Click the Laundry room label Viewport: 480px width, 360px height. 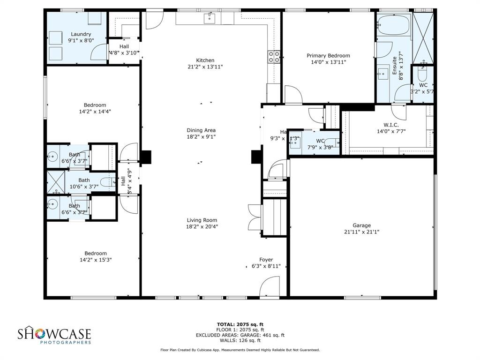click(x=81, y=34)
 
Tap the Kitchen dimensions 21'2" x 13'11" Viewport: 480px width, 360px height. click(x=205, y=67)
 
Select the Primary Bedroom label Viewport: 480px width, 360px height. click(x=328, y=56)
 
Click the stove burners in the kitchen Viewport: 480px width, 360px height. click(x=274, y=57)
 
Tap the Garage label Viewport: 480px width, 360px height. click(x=361, y=225)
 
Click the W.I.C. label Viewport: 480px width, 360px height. click(x=390, y=125)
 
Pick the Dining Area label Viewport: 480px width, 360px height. click(x=201, y=130)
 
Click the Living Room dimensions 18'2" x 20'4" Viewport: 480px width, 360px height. click(x=202, y=226)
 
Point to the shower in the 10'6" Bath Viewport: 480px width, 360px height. click(x=55, y=182)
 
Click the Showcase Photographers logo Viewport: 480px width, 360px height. click(x=54, y=336)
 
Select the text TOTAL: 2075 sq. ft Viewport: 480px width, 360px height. click(x=240, y=324)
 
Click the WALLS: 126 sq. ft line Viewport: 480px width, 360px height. click(x=240, y=340)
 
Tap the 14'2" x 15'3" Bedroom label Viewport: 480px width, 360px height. click(x=96, y=254)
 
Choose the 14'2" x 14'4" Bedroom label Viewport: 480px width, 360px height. click(x=95, y=105)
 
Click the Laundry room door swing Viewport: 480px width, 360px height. click(x=98, y=52)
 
